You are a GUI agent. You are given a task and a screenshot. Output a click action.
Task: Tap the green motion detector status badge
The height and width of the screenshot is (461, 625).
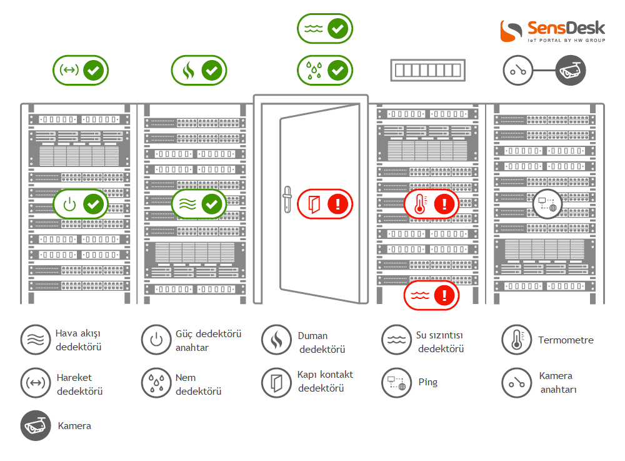coord(81,70)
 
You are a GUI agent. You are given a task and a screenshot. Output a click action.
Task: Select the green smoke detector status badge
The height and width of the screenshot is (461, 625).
coord(199,70)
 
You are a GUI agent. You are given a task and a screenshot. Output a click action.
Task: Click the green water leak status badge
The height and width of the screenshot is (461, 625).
coord(324,29)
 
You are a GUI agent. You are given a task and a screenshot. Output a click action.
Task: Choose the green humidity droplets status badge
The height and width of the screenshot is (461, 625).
coord(324,70)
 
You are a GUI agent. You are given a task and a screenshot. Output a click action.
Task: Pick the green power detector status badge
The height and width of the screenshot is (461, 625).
coord(81,204)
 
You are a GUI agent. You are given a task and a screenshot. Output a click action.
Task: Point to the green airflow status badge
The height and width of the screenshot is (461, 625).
coord(199,204)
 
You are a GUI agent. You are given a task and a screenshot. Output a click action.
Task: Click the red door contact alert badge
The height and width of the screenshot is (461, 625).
coord(325,203)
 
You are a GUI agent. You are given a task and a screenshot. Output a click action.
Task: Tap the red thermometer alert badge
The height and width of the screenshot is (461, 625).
coord(431,203)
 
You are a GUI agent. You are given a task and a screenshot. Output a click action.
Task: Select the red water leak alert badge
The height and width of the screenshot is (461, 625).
coord(431,294)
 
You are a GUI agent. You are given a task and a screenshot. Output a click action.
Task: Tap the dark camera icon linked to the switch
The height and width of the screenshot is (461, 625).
coord(571,70)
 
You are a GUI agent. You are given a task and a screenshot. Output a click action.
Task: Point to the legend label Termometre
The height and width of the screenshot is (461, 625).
coord(566,340)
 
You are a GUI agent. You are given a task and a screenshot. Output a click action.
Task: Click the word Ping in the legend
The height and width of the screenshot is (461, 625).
coord(428,382)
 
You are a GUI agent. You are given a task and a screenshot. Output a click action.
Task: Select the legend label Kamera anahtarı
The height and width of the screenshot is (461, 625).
coord(556,382)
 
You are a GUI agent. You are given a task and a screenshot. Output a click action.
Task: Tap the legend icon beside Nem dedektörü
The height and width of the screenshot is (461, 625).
coord(156,383)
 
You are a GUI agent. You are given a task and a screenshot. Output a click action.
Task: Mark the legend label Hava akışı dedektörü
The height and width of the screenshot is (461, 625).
coord(78,340)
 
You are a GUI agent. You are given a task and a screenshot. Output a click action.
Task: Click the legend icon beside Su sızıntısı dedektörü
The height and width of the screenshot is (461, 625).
coord(396,340)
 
